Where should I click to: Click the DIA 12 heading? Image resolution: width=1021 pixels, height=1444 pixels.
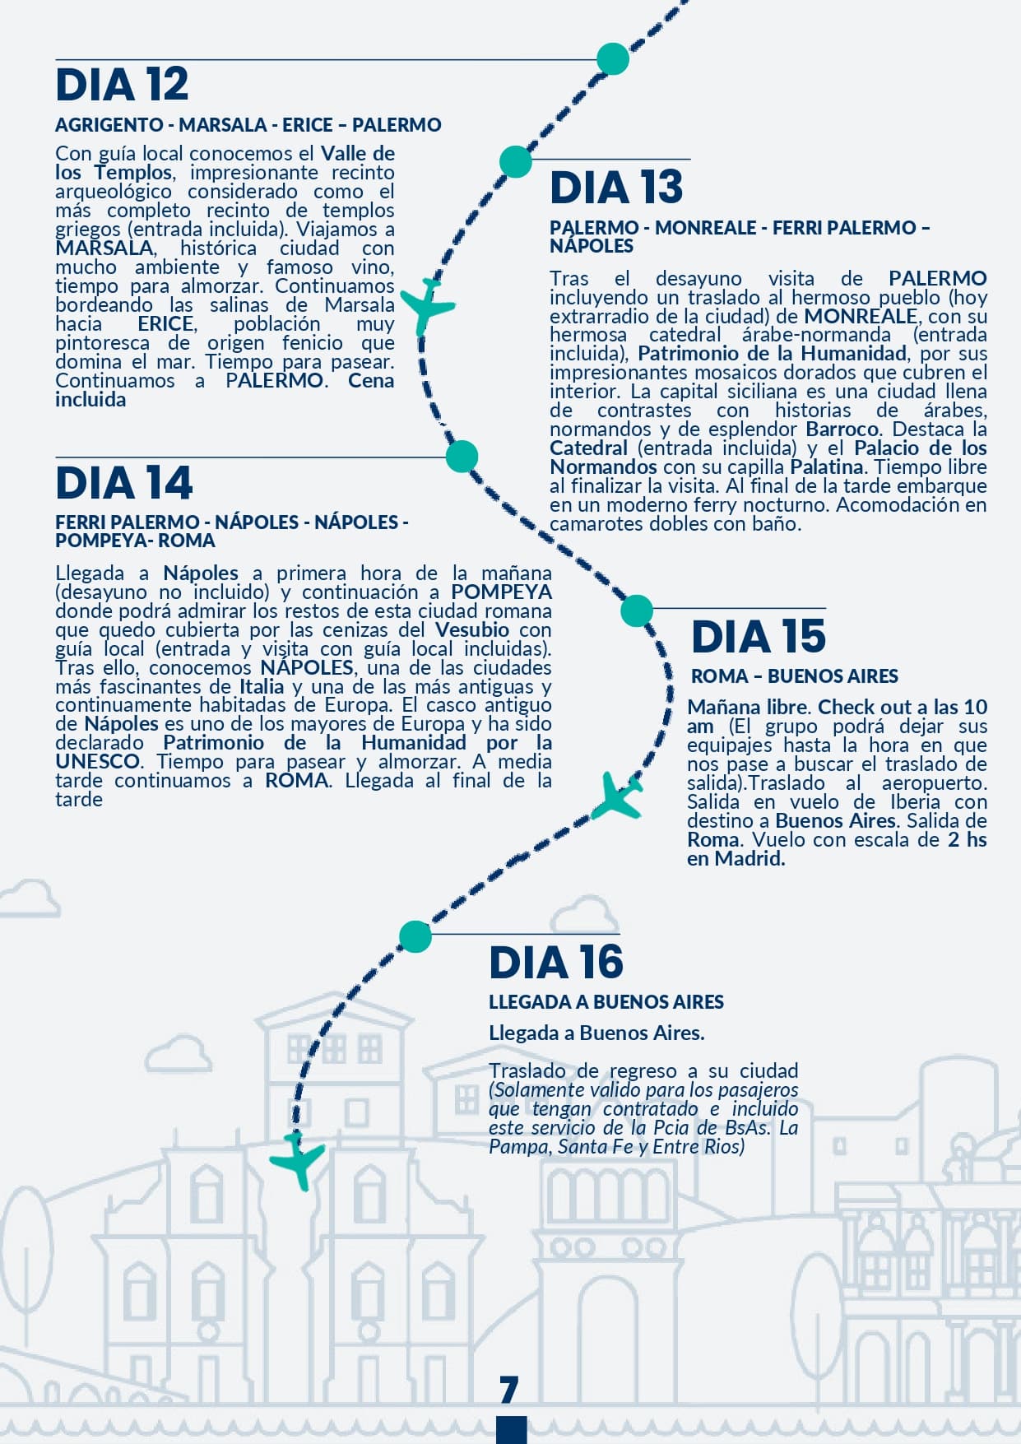point(122,85)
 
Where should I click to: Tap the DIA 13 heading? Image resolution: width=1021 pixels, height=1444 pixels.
point(616,187)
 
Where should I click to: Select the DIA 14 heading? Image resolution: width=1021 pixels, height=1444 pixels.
point(123,483)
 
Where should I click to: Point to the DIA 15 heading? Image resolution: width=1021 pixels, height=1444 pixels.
point(758,637)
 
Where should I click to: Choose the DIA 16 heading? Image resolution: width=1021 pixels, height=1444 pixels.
point(556,963)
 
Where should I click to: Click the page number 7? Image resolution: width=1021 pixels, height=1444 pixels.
point(509,1389)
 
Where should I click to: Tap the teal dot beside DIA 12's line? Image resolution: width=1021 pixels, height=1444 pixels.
point(612,59)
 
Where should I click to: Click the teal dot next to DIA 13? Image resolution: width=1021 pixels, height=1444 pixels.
point(516,162)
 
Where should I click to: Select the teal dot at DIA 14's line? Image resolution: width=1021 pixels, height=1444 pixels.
point(462,456)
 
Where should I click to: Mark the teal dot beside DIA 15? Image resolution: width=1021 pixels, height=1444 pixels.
point(636,611)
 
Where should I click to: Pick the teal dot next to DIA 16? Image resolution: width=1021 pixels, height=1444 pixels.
point(415,936)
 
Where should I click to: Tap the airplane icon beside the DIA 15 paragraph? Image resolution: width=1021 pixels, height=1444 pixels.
point(617,795)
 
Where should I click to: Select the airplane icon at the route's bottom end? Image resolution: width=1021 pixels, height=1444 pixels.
point(298,1160)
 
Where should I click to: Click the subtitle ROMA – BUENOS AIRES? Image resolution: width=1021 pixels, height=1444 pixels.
point(794,676)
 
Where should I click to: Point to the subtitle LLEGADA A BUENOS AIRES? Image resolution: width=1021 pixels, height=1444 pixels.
point(606,1002)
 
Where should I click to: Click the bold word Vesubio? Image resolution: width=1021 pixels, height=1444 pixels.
point(471,630)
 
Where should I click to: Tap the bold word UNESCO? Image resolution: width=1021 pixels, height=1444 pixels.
point(97,762)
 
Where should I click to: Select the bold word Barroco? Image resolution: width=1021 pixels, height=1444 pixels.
point(842,429)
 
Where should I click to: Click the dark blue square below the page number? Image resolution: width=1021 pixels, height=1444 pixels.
point(511,1430)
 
